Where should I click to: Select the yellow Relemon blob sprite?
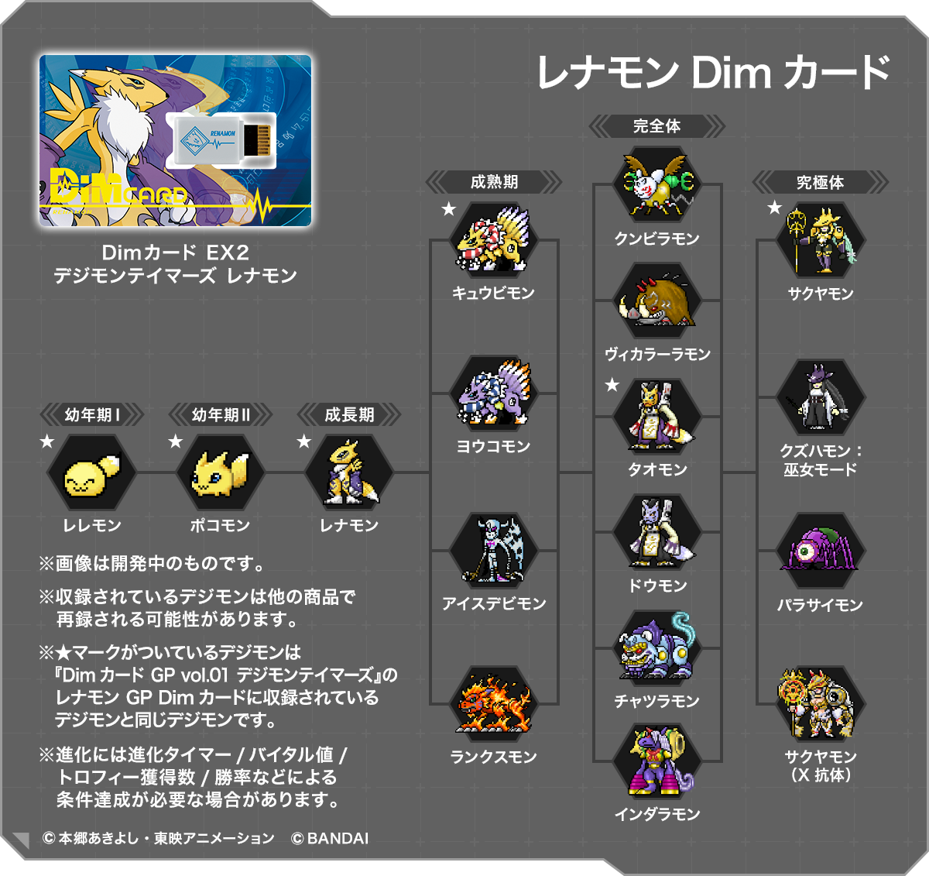click(91, 473)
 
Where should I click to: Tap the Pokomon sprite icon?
click(220, 472)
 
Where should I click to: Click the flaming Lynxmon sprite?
click(494, 703)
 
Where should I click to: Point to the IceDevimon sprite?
click(494, 549)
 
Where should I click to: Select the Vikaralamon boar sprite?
click(657, 301)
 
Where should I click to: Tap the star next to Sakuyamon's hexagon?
click(774, 208)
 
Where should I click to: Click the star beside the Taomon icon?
click(612, 385)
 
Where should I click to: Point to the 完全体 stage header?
click(656, 125)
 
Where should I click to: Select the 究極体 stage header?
click(820, 183)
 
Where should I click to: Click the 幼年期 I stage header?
click(92, 415)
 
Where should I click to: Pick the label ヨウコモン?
click(494, 447)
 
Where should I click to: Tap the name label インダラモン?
click(657, 814)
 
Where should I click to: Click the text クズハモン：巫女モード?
click(820, 460)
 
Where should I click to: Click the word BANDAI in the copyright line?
click(338, 838)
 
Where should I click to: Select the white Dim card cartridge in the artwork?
click(221, 140)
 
